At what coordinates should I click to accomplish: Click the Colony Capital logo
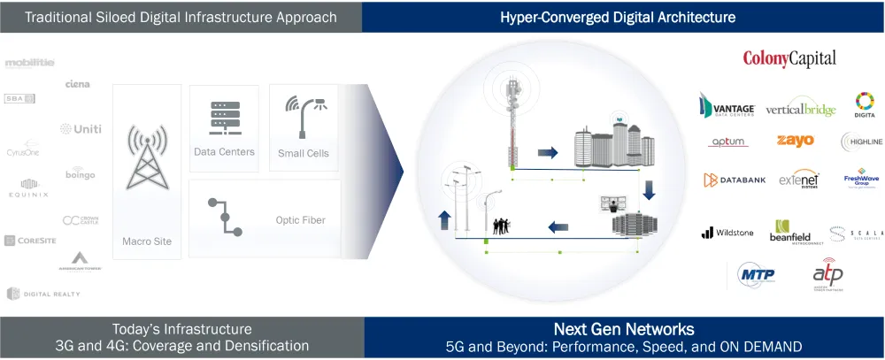[789, 59]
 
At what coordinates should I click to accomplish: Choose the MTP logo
[756, 275]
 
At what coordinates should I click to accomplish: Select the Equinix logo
[28, 188]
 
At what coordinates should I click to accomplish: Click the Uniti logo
[81, 129]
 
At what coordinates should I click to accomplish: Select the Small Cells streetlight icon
[304, 114]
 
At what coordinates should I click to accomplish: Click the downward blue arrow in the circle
[649, 188]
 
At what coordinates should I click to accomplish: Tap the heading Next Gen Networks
[623, 328]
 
